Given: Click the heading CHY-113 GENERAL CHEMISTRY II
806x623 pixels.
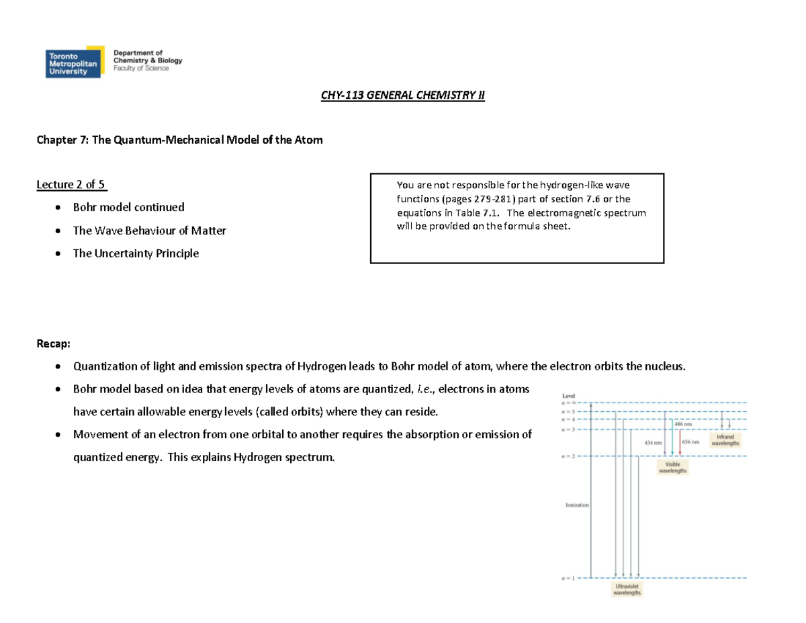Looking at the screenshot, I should coord(402,95).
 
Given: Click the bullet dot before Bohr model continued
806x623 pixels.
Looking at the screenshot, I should coord(60,208).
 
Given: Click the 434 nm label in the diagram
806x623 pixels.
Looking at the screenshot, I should coord(653,443).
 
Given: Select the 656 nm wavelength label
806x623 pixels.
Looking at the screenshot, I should coord(691,443).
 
